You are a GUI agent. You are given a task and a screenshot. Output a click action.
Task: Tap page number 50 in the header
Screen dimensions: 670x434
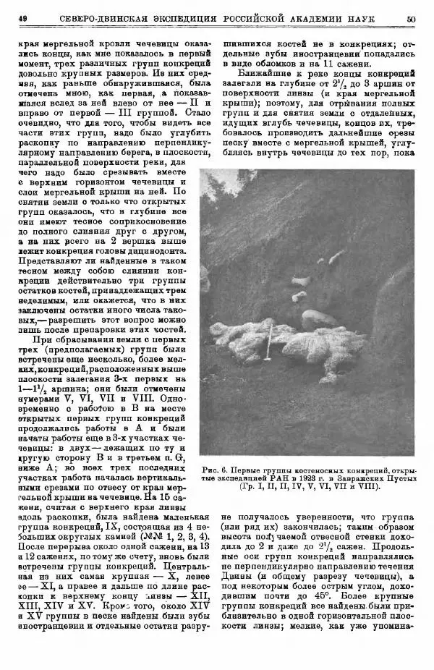(411, 20)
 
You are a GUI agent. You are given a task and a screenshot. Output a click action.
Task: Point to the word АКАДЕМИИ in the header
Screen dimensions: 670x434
(325, 20)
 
